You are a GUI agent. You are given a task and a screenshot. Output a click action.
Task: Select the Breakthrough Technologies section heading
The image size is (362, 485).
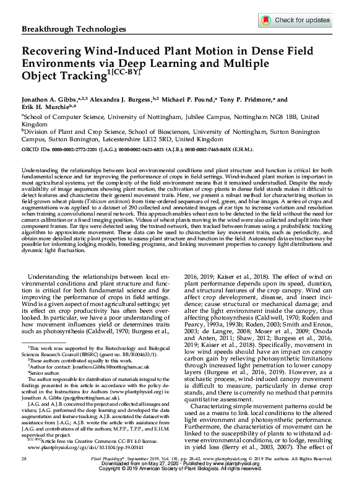[70, 30]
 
